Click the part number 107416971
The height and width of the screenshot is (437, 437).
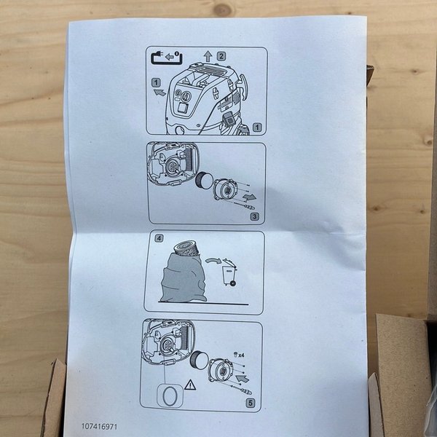99,426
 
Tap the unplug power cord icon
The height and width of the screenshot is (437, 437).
166,58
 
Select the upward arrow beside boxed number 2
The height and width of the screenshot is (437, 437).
208,56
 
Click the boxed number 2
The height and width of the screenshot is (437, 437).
221,56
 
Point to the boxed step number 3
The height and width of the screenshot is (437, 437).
254,216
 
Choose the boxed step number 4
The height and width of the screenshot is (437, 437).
159,238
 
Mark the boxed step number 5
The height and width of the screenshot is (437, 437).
251,403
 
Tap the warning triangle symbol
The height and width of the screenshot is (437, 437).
190,385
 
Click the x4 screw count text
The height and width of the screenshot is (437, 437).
239,355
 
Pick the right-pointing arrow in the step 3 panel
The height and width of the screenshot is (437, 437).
249,197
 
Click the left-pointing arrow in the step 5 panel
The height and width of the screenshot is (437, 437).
243,379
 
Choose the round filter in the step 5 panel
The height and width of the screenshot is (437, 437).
199,359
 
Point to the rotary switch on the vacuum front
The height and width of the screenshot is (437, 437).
185,96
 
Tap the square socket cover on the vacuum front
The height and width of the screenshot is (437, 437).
184,109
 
